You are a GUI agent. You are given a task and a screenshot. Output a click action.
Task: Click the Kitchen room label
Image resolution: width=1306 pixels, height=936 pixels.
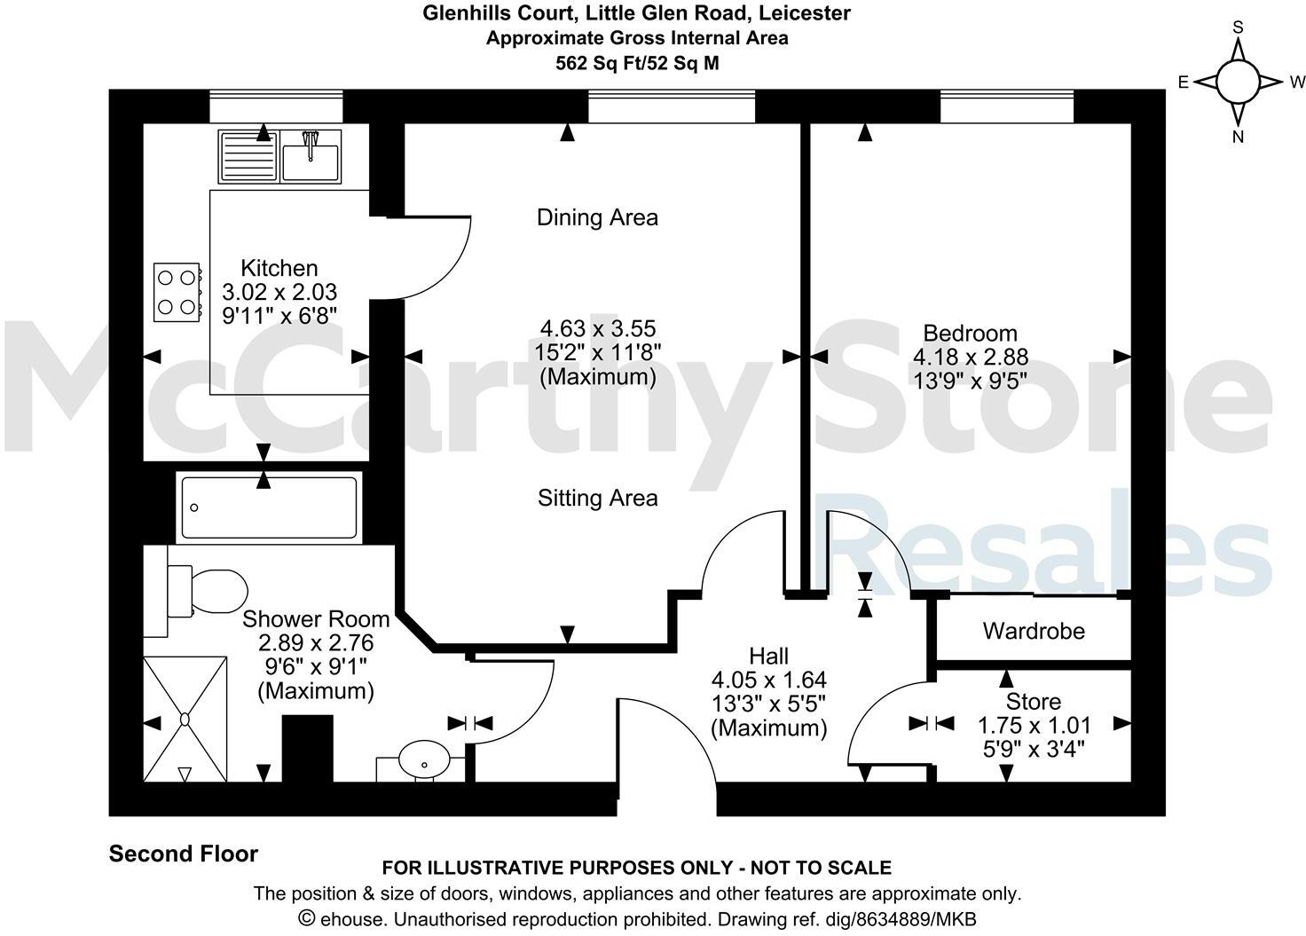(279, 268)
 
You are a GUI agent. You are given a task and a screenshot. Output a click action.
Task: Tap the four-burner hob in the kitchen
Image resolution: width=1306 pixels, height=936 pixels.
(176, 292)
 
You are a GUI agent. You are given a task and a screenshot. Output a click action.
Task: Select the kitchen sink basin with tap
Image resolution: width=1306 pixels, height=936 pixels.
(310, 157)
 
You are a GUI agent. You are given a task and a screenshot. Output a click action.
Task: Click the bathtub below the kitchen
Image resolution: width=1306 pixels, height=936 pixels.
(269, 508)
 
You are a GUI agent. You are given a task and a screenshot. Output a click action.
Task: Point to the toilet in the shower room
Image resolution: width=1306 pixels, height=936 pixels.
(209, 592)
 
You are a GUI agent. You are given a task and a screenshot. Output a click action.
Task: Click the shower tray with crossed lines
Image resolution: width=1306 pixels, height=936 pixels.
(185, 719)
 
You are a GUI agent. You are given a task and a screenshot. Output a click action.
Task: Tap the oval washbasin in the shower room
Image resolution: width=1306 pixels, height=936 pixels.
(423, 760)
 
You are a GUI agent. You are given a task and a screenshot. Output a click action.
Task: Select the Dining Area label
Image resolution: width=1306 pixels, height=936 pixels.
(597, 217)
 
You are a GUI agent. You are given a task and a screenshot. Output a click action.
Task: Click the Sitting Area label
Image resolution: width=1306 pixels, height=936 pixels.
(597, 498)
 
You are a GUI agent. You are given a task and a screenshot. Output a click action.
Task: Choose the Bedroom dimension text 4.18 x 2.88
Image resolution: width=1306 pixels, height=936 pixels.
(970, 357)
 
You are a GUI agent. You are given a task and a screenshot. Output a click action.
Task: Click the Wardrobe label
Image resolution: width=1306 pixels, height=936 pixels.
(1033, 631)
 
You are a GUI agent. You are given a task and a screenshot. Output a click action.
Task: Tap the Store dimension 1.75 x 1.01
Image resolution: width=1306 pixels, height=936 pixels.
(1034, 725)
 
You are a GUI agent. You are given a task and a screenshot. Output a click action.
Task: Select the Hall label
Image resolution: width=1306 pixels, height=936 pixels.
(768, 657)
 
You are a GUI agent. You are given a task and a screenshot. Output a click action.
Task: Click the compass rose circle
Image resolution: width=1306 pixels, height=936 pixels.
(1238, 82)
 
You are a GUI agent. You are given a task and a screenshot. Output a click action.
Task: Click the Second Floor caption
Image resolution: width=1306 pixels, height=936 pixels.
(183, 853)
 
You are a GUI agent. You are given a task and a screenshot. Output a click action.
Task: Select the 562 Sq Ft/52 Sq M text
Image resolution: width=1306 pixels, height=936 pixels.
(636, 63)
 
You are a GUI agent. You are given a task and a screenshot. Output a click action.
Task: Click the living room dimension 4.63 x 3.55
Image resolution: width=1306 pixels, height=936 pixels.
(597, 329)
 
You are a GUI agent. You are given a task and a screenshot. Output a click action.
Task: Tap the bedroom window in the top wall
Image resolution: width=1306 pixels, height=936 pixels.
(1006, 106)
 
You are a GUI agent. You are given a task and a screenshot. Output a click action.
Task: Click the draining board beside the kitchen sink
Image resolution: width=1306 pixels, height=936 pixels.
(248, 156)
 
